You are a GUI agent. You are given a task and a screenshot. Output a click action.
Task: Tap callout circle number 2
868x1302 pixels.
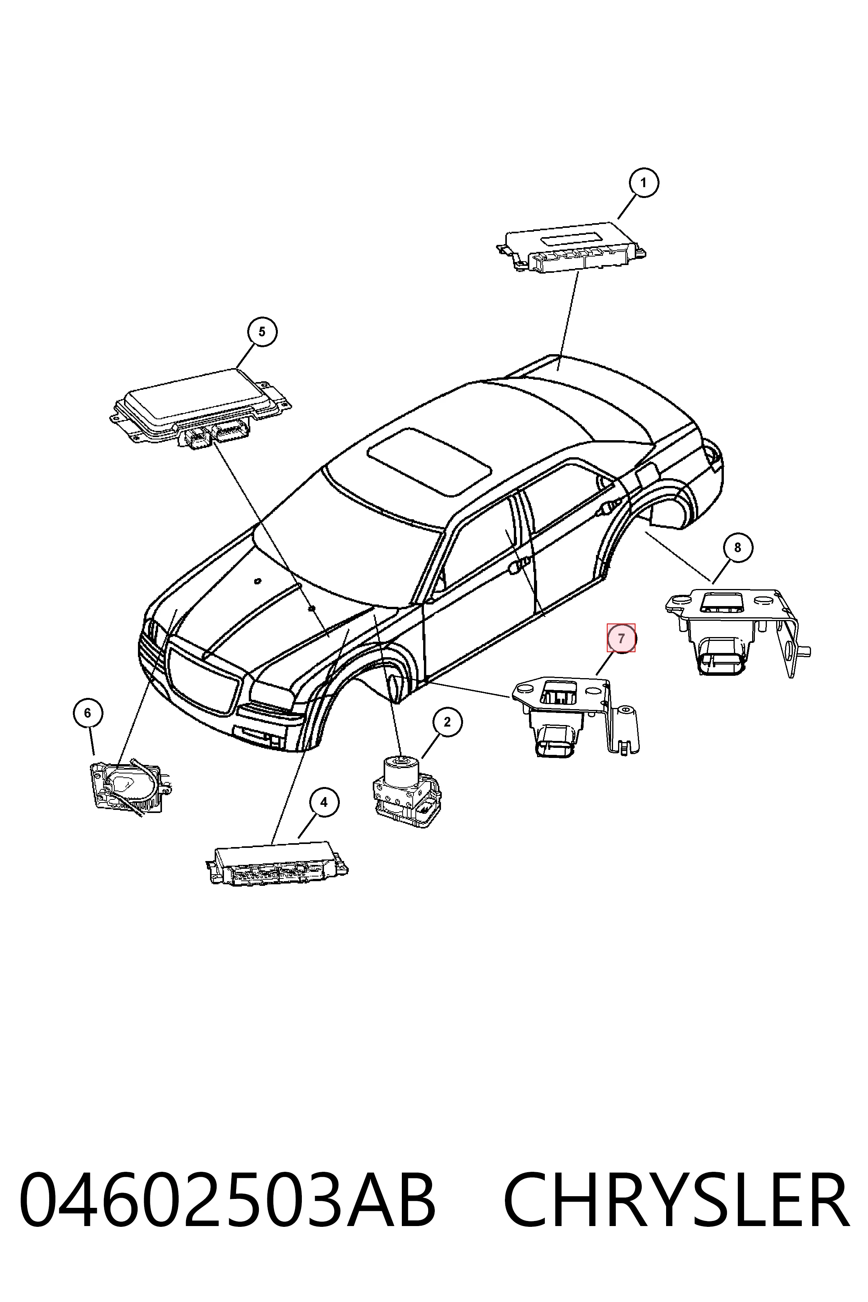[x=447, y=721]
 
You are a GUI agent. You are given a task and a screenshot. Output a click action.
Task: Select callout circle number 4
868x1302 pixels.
[x=324, y=802]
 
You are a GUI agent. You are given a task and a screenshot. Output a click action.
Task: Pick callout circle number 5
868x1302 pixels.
[x=261, y=332]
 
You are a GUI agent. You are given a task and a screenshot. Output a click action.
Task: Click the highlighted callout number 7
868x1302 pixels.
[x=621, y=638]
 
